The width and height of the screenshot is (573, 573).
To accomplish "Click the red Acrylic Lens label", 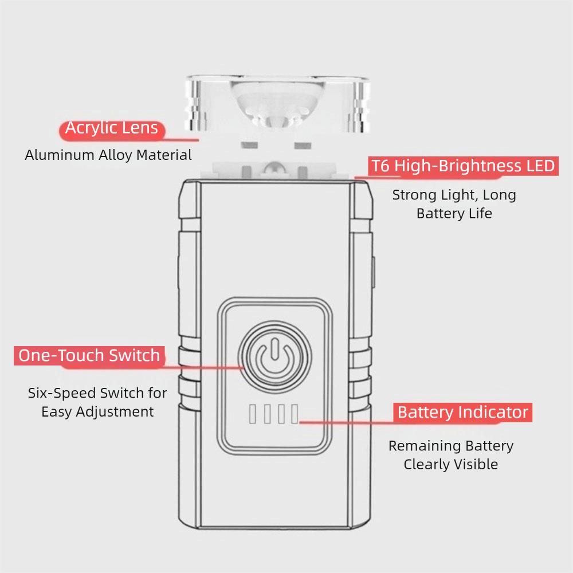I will click(x=111, y=128).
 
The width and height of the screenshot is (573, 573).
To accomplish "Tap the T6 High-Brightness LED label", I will click(x=463, y=166).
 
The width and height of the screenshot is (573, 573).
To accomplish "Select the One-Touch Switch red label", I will click(x=89, y=355).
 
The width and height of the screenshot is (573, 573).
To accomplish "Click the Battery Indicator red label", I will click(x=462, y=412).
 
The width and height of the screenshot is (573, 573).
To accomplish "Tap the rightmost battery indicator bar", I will click(x=295, y=414).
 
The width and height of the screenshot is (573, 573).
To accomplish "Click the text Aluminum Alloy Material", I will click(x=108, y=155).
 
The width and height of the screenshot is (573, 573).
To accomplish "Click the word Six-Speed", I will click(x=62, y=394).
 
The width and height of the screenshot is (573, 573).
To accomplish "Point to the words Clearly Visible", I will click(x=450, y=464).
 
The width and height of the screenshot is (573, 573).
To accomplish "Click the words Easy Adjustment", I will click(x=97, y=411).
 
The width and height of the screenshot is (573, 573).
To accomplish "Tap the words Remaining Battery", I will click(x=450, y=446).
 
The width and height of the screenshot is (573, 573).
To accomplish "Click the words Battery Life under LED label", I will click(x=454, y=214).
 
